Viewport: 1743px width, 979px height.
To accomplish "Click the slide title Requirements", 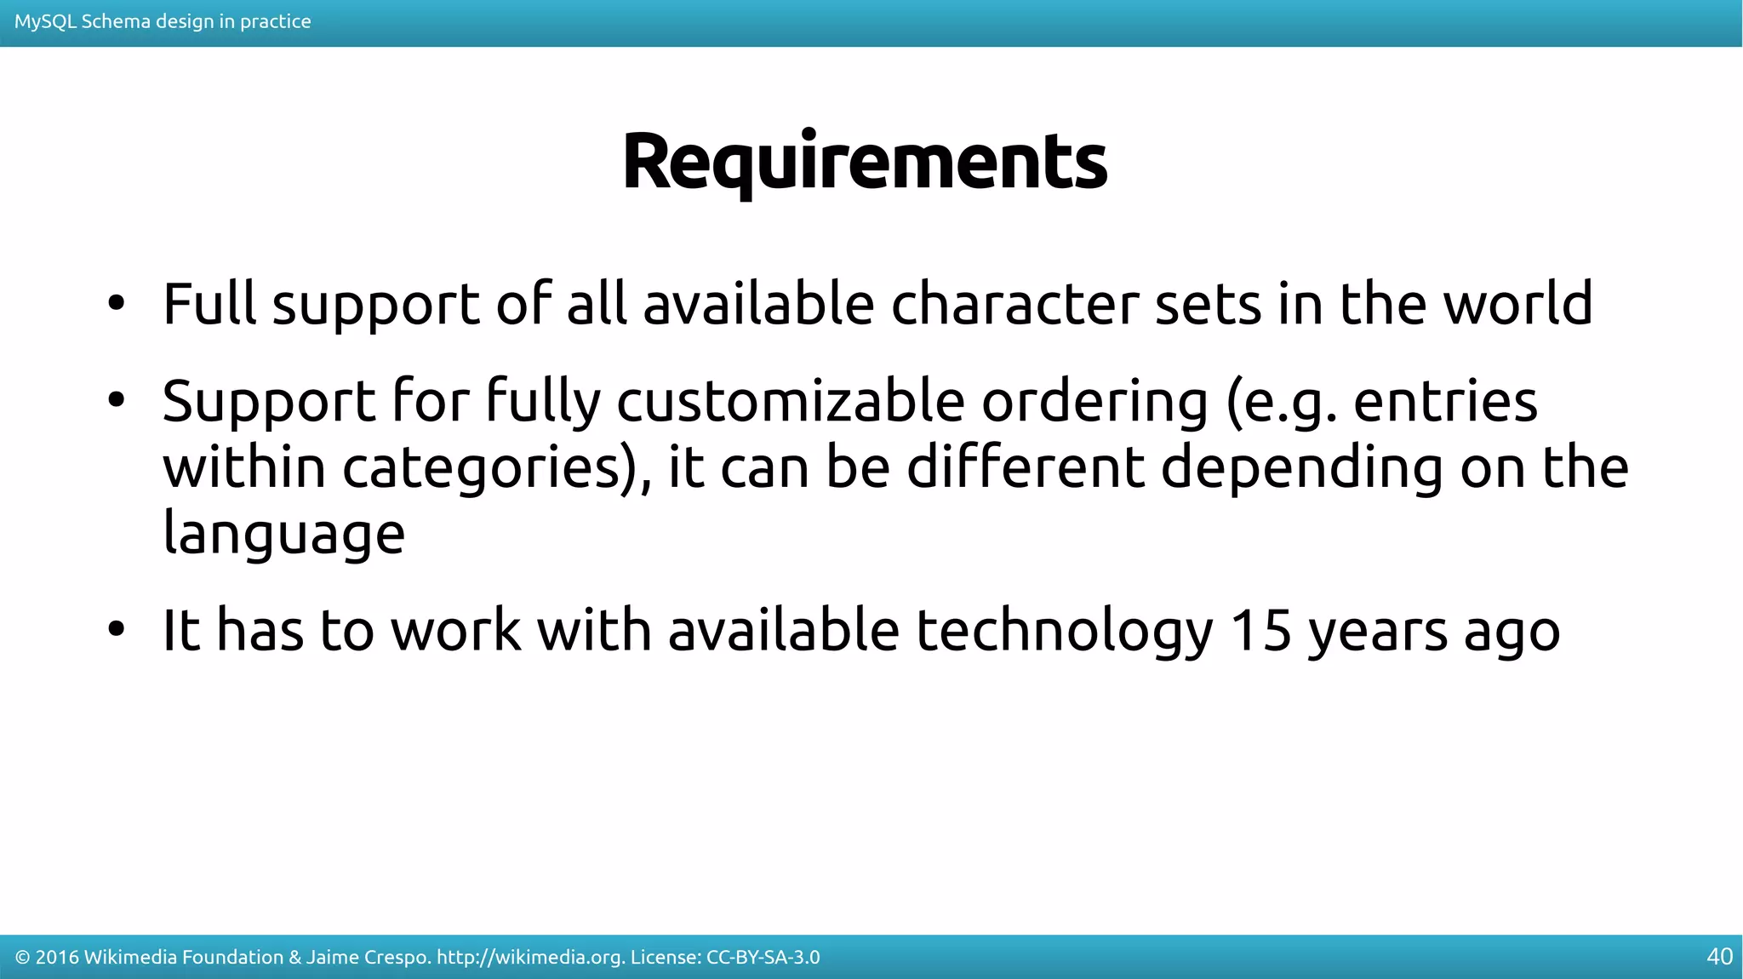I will (865, 162).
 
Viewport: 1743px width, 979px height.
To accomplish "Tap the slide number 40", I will (1719, 957).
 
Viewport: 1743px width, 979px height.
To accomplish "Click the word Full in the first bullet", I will (209, 303).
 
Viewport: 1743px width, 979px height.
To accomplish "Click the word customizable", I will (790, 400).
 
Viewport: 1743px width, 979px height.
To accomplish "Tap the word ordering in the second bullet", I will (1094, 402).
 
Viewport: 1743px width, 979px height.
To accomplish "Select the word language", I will (283, 535).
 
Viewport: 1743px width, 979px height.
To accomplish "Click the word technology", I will (1065, 632).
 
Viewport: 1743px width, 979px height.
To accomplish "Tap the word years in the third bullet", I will (1377, 632).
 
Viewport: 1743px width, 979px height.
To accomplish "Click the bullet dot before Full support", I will (117, 303).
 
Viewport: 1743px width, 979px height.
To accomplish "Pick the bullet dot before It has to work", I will (117, 630).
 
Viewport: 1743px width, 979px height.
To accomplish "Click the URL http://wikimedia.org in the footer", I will (530, 957).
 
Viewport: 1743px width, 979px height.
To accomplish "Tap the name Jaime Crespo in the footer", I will (367, 957).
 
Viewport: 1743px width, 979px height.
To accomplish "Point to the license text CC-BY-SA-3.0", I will (763, 957).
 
